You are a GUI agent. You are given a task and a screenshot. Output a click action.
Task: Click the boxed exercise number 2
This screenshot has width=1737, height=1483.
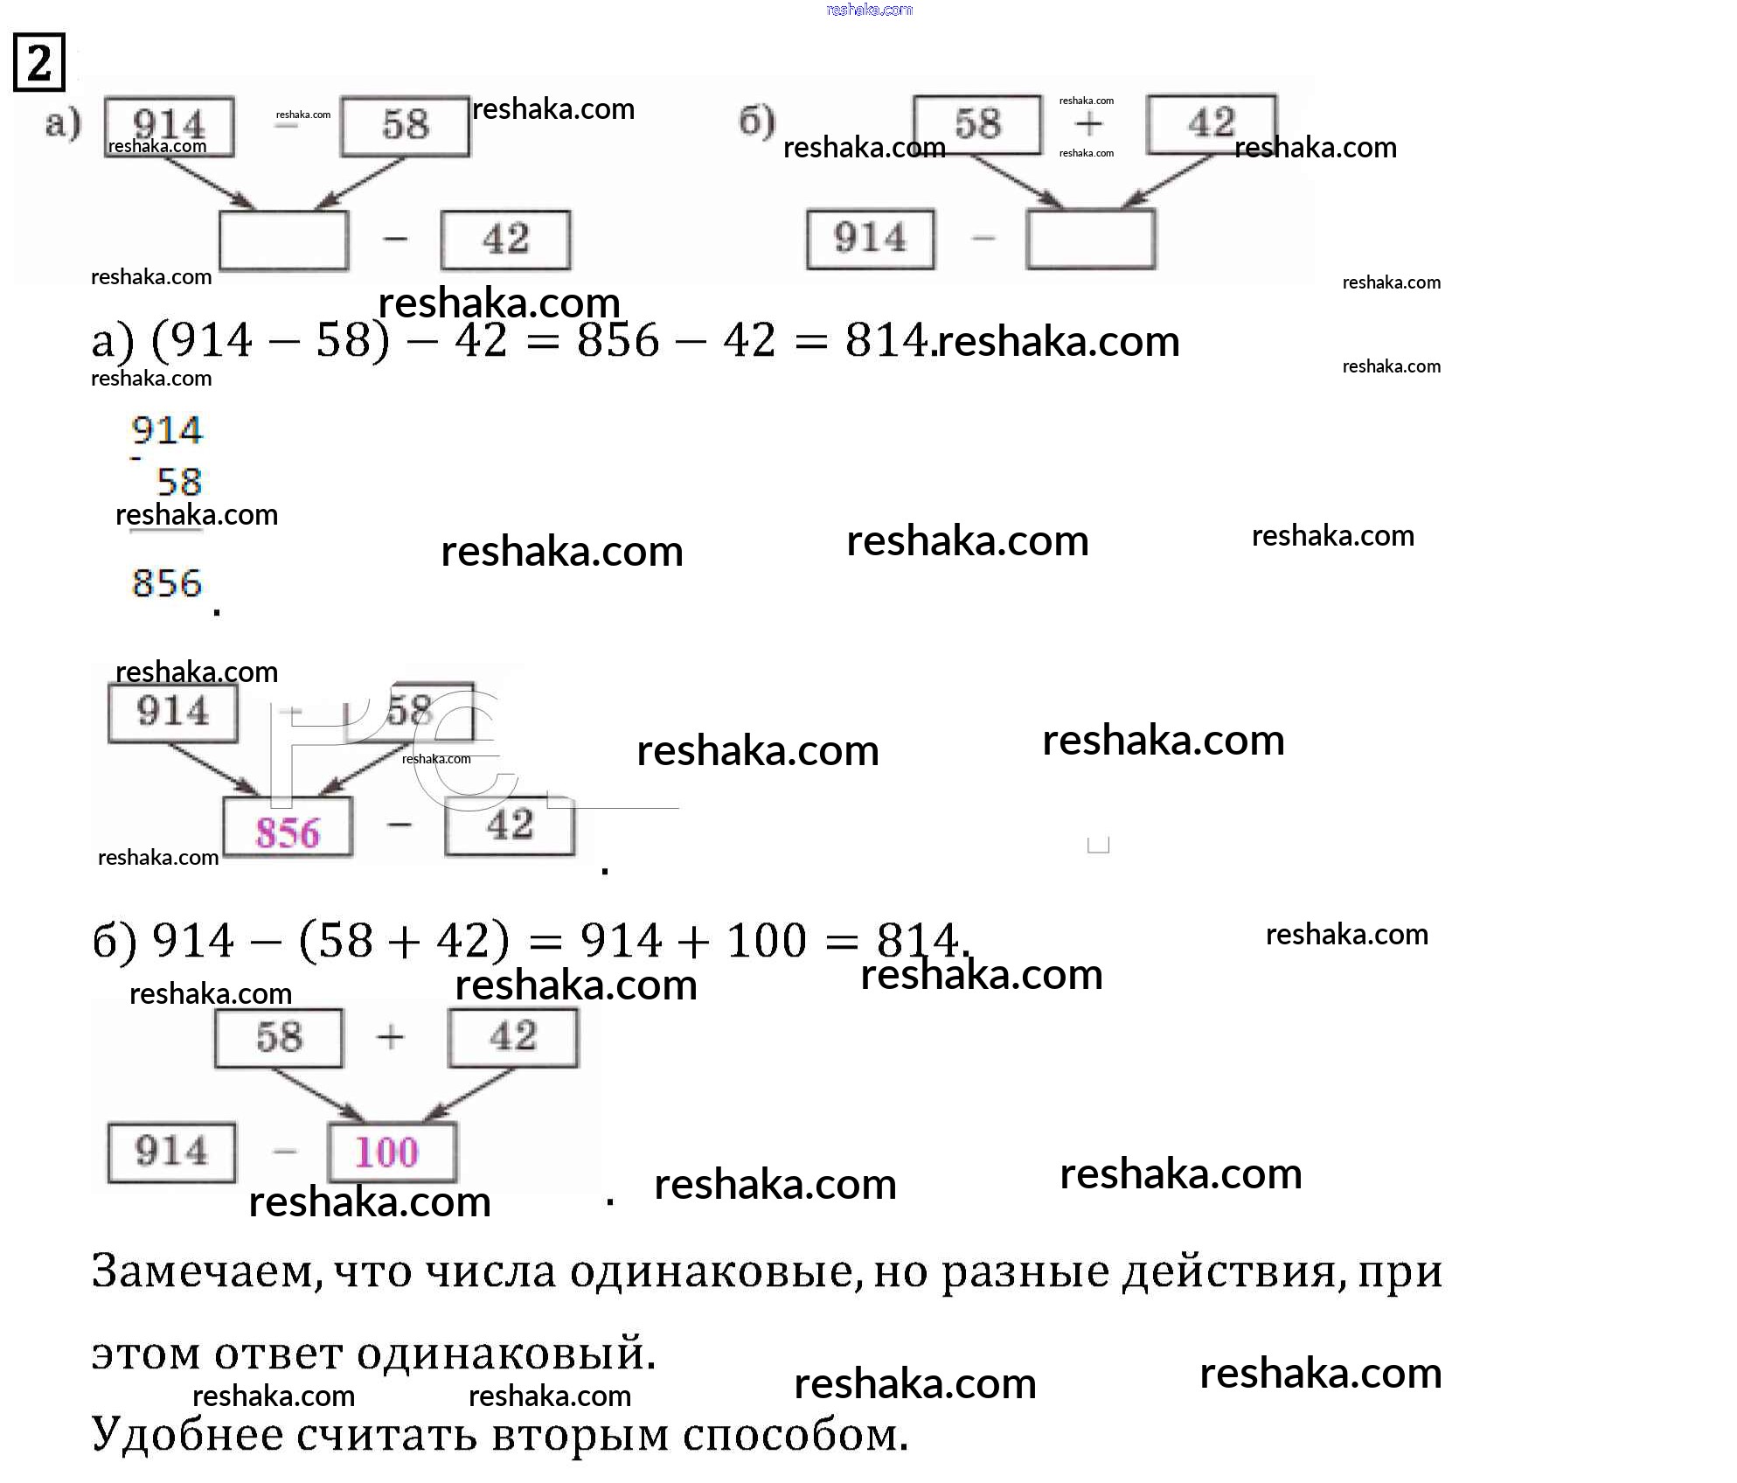[39, 62]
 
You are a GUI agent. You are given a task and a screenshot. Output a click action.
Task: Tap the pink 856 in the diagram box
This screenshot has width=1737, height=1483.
[288, 832]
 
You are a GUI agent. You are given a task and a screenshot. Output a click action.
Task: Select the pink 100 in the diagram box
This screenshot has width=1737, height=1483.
[387, 1152]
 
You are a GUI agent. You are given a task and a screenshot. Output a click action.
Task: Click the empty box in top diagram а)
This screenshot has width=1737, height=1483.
[283, 240]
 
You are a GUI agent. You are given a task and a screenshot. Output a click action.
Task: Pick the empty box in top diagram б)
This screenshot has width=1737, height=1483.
[1090, 238]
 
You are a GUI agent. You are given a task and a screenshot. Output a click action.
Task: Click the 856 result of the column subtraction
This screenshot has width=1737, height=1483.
[167, 583]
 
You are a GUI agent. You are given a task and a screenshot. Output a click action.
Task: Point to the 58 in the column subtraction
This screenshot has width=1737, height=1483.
[179, 482]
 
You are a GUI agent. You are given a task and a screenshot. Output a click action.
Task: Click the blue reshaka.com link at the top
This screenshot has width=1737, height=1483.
[869, 10]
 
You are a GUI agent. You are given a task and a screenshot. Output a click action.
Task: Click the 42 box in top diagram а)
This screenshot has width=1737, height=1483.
[506, 240]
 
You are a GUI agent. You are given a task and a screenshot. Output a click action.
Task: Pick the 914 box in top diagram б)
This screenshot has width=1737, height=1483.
[870, 238]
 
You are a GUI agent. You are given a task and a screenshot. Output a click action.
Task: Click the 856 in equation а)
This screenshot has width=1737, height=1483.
[618, 340]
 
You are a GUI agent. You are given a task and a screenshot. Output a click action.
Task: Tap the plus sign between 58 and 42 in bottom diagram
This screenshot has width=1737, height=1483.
[391, 1037]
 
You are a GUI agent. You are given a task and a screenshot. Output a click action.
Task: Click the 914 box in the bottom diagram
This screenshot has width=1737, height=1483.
[171, 1152]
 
